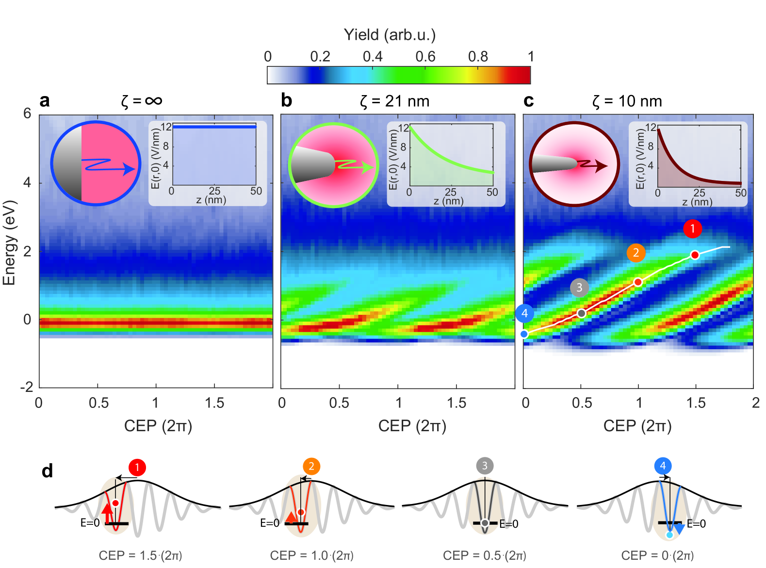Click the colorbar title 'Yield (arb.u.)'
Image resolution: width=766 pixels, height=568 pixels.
[390, 35]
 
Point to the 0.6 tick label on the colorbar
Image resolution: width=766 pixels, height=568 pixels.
[425, 57]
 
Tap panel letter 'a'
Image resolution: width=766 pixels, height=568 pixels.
[45, 101]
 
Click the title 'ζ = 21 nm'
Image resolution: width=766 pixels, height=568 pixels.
[394, 101]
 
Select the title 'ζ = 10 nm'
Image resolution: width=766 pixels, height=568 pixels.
[627, 101]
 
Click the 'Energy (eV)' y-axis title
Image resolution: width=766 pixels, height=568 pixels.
[9, 243]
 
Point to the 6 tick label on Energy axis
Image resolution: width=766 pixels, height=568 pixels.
[27, 114]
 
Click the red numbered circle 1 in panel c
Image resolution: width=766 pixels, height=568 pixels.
[692, 228]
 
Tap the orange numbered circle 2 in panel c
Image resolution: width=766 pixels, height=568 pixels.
[636, 253]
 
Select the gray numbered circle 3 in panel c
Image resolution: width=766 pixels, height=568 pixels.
[579, 288]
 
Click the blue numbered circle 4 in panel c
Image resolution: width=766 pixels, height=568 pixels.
[524, 313]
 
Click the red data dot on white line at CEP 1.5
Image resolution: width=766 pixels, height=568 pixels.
[695, 255]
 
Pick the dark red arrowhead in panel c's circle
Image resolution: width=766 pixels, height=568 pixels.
[602, 166]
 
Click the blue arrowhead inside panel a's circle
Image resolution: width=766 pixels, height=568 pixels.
[130, 169]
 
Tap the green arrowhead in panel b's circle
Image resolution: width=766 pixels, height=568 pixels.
[369, 167]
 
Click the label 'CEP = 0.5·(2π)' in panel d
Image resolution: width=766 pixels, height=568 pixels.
[484, 555]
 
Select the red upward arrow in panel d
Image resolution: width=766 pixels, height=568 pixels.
[107, 513]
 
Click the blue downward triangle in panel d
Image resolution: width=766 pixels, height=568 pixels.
[679, 529]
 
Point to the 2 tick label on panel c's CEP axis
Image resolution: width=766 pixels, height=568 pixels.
[755, 403]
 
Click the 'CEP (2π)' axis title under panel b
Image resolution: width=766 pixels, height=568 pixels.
[412, 426]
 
